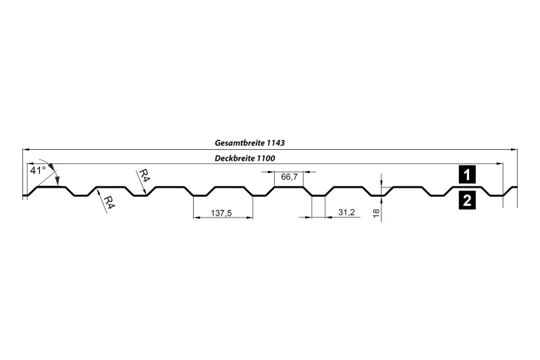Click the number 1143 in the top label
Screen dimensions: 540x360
[275, 143]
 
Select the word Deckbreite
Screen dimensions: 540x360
[234, 159]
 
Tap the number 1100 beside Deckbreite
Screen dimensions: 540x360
[266, 159]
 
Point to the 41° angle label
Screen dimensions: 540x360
[38, 170]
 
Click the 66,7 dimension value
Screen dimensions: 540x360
[290, 177]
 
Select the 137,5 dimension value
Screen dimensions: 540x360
[221, 213]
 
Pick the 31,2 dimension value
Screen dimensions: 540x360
[346, 212]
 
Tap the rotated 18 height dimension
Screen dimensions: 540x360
[376, 213]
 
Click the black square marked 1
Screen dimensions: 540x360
[467, 175]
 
